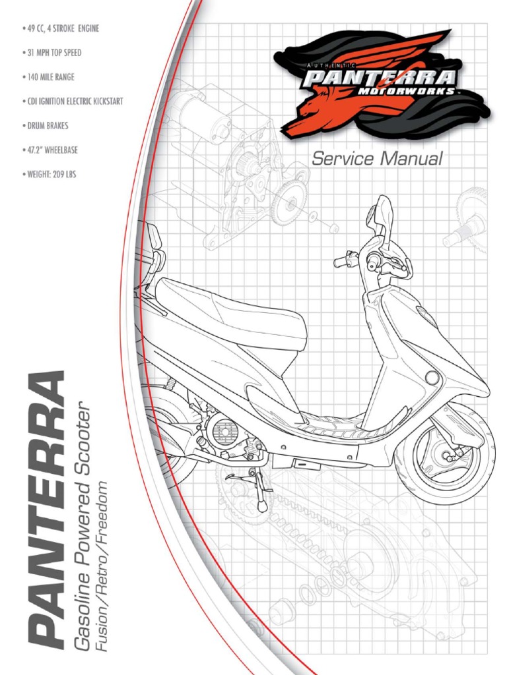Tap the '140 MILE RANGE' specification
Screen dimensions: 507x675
pyautogui.click(x=51, y=77)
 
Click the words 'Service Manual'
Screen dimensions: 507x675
pyautogui.click(x=377, y=158)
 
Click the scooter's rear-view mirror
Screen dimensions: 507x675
pyautogui.click(x=382, y=214)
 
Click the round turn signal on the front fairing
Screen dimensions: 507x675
pyautogui.click(x=432, y=378)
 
